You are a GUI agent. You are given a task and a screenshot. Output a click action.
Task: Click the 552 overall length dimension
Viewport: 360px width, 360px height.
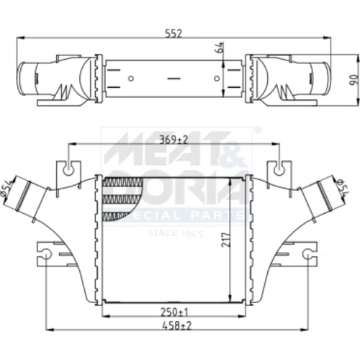(174, 34)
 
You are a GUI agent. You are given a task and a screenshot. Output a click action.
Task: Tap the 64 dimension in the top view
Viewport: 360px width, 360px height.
(220, 48)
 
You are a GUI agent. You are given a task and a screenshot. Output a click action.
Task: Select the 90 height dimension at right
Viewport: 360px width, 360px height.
(354, 80)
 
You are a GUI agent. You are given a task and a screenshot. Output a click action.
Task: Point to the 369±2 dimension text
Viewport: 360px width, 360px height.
(174, 140)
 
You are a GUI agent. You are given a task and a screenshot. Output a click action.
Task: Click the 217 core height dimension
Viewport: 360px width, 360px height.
(226, 239)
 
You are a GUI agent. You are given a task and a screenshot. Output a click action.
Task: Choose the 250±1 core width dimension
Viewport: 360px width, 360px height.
(174, 312)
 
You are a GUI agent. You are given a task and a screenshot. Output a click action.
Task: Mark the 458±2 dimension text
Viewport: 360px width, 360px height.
(177, 325)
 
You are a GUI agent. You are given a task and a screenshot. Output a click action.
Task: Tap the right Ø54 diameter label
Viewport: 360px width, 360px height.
(343, 186)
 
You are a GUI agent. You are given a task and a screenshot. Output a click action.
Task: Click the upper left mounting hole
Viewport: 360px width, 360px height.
(68, 170)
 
